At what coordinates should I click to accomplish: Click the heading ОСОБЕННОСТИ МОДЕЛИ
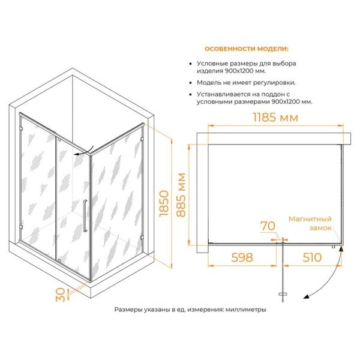point(247,49)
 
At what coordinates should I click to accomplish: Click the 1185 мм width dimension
point(275,118)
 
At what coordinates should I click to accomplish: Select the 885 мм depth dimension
point(181,195)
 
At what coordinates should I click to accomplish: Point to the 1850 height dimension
point(164,203)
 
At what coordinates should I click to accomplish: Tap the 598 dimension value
point(242,257)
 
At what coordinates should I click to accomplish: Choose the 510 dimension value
point(312,257)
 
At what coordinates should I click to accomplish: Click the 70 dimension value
point(268,226)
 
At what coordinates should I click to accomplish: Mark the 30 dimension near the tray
point(60,295)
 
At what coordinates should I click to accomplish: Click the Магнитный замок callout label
point(310,223)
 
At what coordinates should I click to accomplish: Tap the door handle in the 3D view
point(85,215)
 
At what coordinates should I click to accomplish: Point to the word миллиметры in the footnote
point(245,310)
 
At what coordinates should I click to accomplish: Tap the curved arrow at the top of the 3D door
point(84,151)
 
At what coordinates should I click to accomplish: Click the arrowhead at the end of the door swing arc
point(306,297)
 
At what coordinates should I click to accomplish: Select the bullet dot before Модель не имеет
point(190,83)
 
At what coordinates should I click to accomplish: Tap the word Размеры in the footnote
point(128,310)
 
